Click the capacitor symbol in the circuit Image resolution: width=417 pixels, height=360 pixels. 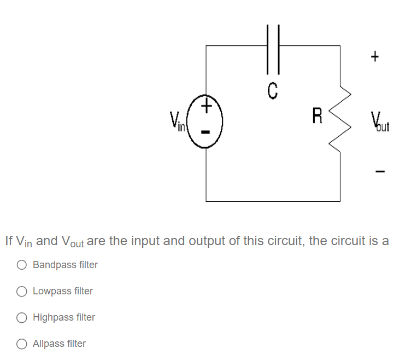pos(273,48)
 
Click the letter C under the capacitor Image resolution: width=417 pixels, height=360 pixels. pos(273,89)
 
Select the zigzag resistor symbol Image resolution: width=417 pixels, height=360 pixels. pos(340,118)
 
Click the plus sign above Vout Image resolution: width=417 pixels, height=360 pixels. pos(374,56)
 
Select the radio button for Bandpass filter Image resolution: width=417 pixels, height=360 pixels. pos(22,265)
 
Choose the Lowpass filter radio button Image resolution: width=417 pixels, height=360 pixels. pos(22,292)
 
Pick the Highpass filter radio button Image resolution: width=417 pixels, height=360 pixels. pos(22,318)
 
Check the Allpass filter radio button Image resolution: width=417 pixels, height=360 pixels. pos(22,344)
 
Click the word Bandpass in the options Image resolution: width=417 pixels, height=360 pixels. pos(54,265)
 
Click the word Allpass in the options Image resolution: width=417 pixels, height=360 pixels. pos(49,344)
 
